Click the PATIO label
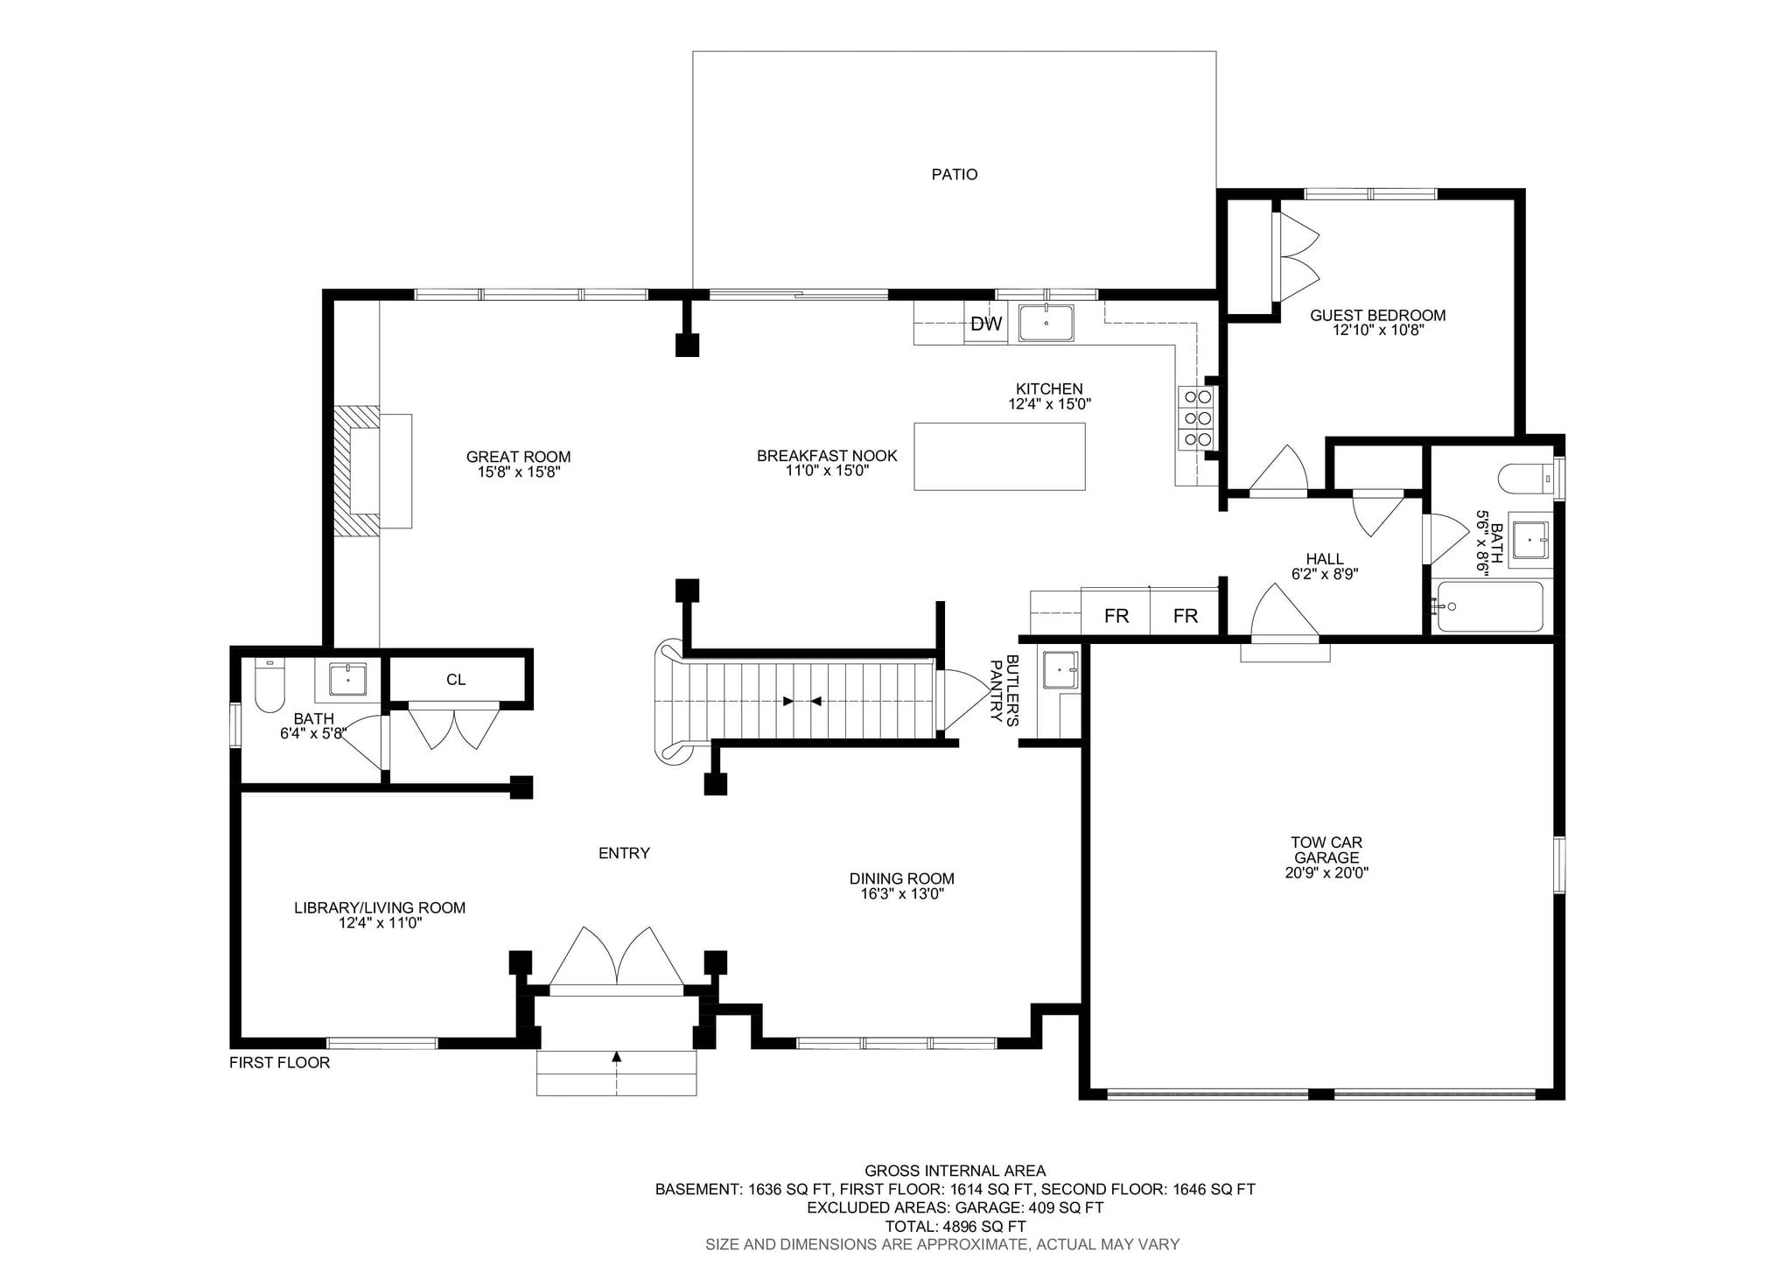pos(955,175)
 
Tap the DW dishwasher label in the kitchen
pos(986,325)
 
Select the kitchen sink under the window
pos(1046,323)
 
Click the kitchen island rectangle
pos(999,457)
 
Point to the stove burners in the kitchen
pos(1197,419)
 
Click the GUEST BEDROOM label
pos(1377,316)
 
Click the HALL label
pos(1325,560)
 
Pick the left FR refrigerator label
pos(1116,616)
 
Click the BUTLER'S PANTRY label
pos(1004,689)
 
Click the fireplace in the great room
pos(372,470)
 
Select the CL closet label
pos(456,680)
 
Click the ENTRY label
pos(624,854)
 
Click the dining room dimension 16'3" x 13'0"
pos(902,894)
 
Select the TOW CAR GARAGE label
pos(1326,850)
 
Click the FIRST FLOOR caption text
pos(280,1063)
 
